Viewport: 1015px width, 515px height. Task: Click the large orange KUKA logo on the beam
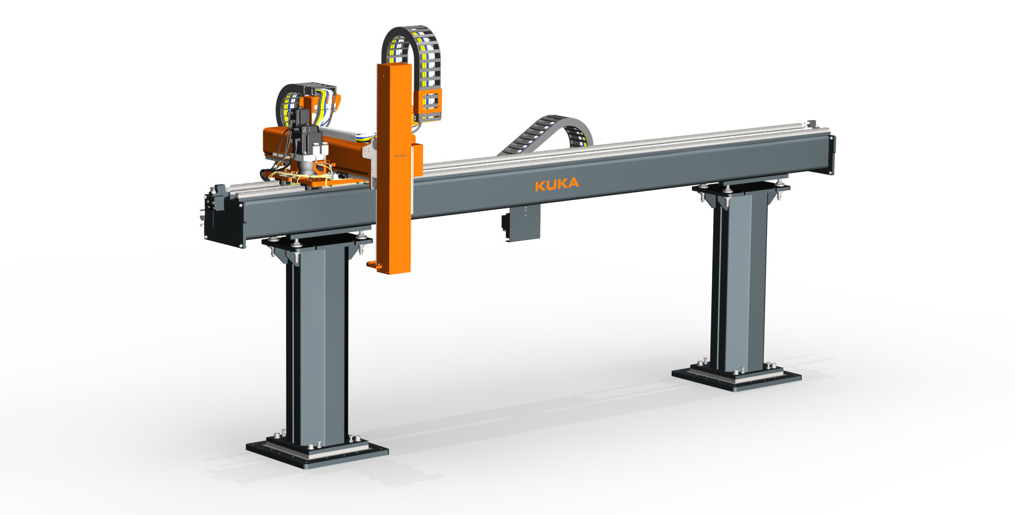pos(557,184)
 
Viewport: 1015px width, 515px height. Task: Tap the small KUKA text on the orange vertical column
pos(401,155)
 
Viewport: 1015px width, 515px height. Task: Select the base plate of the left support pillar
pos(317,449)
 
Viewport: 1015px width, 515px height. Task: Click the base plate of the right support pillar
pos(736,376)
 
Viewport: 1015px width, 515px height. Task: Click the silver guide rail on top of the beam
pos(628,147)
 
